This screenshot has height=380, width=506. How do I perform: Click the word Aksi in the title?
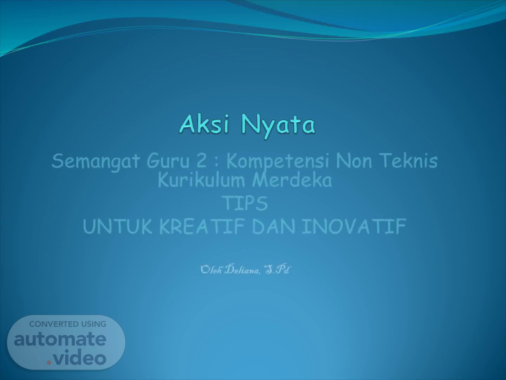[x=204, y=124]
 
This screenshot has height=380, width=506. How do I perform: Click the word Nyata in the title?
[x=278, y=127]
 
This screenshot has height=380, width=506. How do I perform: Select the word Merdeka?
[x=292, y=180]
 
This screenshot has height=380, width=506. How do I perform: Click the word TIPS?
[x=246, y=203]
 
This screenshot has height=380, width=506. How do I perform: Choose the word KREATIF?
[x=202, y=226]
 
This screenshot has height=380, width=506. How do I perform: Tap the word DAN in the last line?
[x=274, y=226]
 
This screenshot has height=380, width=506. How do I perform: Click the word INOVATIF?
[x=354, y=226]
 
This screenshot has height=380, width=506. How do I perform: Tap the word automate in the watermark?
[x=60, y=339]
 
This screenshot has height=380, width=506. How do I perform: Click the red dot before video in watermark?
[x=49, y=362]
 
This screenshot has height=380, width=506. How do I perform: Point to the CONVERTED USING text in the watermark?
[x=68, y=324]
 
